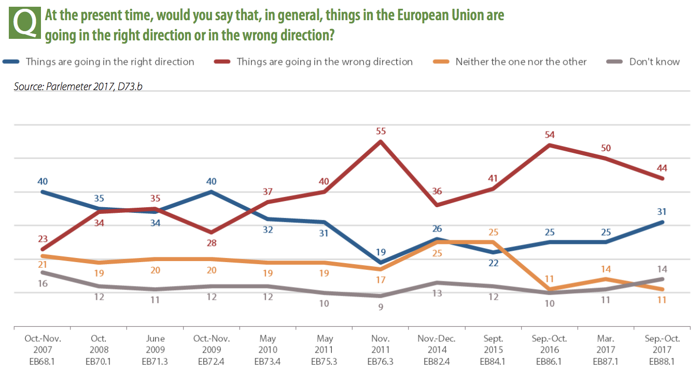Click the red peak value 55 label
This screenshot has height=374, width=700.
click(381, 131)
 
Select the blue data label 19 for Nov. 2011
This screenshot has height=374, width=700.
click(381, 252)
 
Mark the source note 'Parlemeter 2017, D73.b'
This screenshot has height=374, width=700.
click(78, 87)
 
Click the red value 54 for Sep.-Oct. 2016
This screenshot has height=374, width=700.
click(550, 135)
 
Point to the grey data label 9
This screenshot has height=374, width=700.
click(381, 307)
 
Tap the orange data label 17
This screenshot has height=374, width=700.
click(381, 280)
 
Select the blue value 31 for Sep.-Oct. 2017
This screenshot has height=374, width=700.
click(662, 211)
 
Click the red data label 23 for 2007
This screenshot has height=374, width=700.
click(43, 239)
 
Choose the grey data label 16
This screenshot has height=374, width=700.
click(43, 283)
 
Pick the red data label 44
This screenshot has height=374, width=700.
click(662, 168)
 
